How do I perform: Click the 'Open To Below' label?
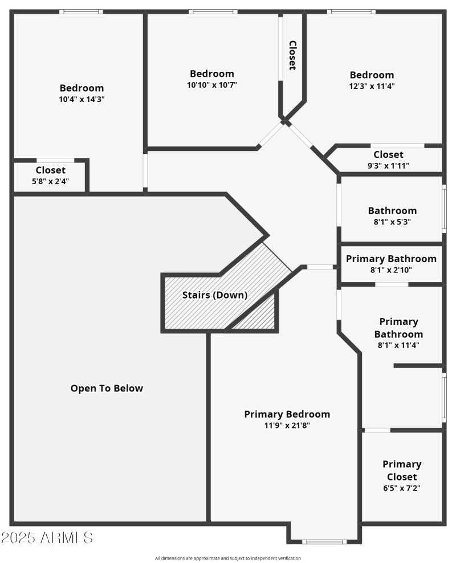point(107,389)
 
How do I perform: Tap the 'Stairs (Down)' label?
point(215,295)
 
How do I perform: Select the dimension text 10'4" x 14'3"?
point(82,99)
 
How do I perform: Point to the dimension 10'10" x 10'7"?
point(212,85)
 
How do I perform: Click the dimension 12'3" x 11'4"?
point(372,87)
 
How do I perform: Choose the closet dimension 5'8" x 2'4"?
point(51,182)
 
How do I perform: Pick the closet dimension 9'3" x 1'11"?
point(388,166)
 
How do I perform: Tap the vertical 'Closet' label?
point(292,55)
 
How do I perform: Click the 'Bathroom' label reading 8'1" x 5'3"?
point(392,211)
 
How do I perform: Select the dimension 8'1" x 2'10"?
point(392,271)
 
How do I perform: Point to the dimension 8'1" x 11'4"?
point(399,345)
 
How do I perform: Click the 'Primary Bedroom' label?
point(287,414)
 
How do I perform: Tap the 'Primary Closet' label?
point(402,470)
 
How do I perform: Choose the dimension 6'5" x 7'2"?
point(402,488)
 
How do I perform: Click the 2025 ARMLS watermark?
point(47,537)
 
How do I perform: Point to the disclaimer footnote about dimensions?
point(228,558)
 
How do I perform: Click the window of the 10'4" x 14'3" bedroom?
point(81,11)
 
